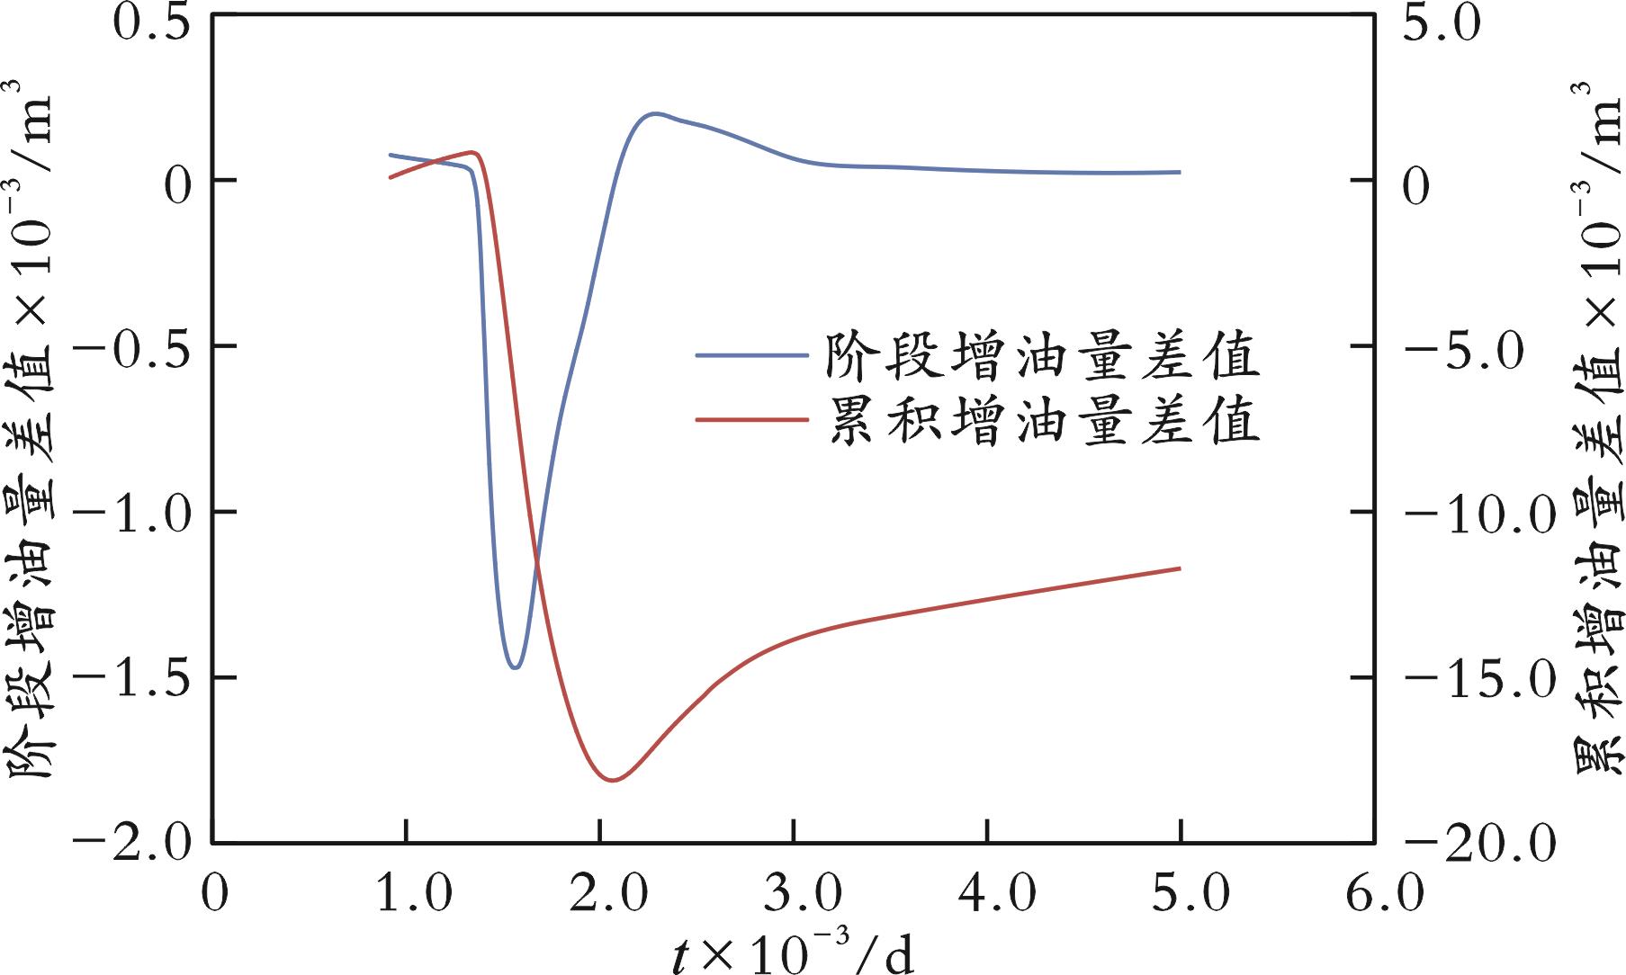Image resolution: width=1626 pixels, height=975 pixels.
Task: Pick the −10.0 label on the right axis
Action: pos(1480,516)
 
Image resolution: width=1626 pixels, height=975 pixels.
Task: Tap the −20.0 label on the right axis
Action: pos(1480,845)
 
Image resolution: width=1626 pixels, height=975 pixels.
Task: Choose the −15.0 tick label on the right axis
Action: pos(1480,682)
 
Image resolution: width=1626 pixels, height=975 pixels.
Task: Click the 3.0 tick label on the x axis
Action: pos(793,894)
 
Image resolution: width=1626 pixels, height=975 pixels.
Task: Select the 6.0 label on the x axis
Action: pos(1373,894)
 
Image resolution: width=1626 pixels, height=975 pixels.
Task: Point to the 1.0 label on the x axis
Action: pos(406,894)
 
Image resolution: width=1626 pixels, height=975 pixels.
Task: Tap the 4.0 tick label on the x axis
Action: pos(987,894)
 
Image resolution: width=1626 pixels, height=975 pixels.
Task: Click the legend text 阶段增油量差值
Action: pos(1043,356)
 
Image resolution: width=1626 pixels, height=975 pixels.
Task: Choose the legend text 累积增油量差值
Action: pos(1043,420)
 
